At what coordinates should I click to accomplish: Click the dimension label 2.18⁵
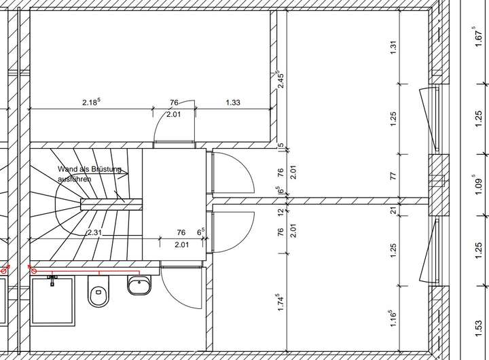tap(92, 102)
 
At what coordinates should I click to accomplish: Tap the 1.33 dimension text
tap(233, 103)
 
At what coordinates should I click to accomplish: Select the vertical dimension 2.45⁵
tap(280, 79)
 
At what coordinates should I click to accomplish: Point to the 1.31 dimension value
tap(393, 48)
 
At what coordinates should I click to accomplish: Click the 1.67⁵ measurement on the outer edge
tap(478, 37)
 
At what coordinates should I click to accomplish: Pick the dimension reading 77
tap(393, 176)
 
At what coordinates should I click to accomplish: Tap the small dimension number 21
tap(394, 211)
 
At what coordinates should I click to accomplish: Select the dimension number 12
tap(280, 212)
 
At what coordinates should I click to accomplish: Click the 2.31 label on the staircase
tap(94, 232)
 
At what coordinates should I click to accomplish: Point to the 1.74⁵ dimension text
tap(280, 302)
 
